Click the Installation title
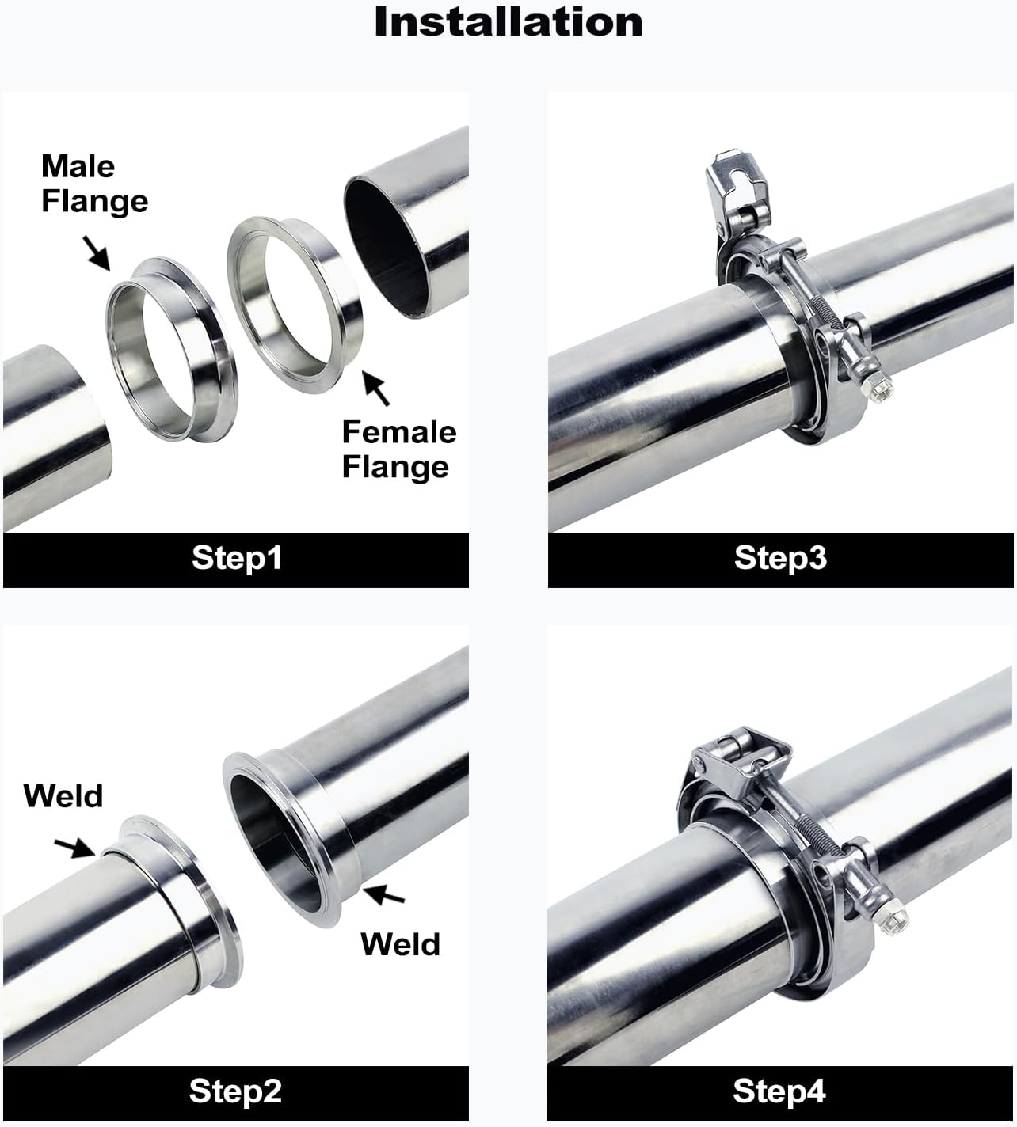(x=508, y=22)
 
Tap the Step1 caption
(x=236, y=558)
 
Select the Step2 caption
(x=235, y=1091)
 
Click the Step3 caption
(x=780, y=558)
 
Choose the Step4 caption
(x=779, y=1091)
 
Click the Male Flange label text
(x=93, y=184)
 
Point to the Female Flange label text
(x=398, y=449)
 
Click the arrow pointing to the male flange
(x=97, y=252)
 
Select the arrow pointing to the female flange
(x=377, y=387)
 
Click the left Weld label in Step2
(x=63, y=795)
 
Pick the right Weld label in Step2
(x=400, y=944)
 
